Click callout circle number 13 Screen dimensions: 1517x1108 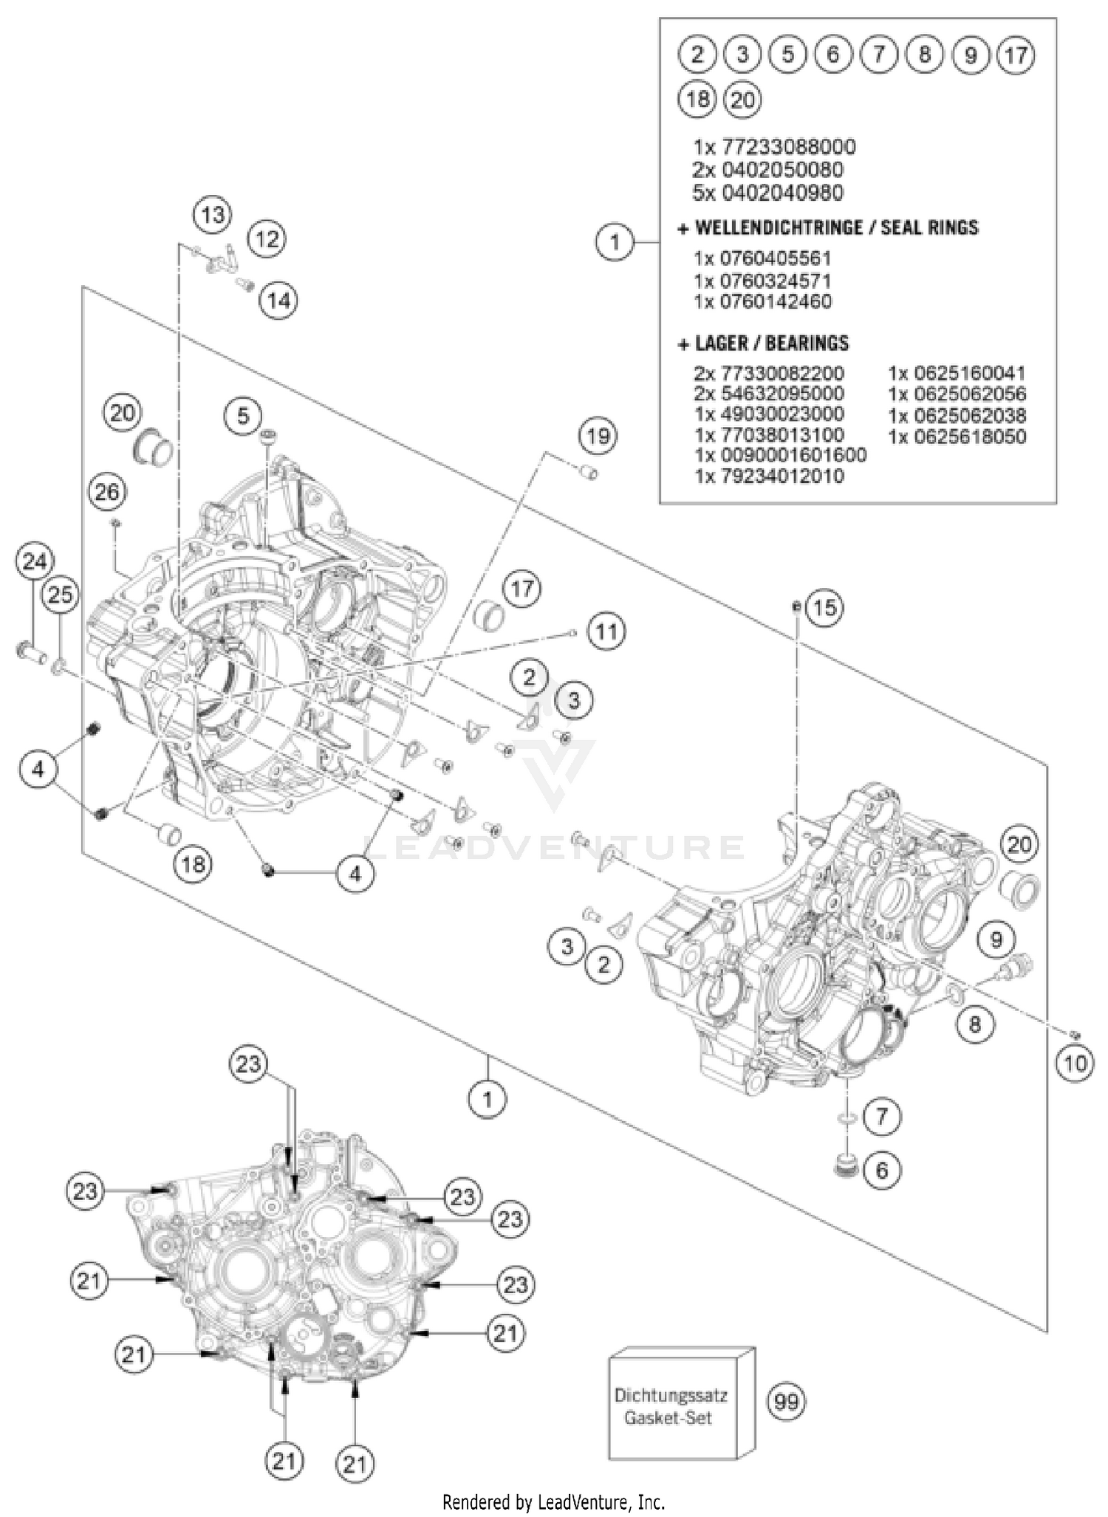tap(213, 216)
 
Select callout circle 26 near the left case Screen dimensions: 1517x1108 tap(107, 492)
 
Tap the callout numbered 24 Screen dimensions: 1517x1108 tap(34, 563)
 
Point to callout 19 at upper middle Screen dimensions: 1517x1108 tap(598, 436)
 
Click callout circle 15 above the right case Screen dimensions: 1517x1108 tap(825, 608)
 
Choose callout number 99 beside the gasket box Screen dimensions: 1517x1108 tap(787, 1401)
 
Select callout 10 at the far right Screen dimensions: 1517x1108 tap(1075, 1064)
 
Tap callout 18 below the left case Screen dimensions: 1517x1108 tap(193, 863)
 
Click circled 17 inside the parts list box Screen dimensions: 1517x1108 tap(1016, 55)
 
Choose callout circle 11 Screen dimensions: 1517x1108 tap(606, 632)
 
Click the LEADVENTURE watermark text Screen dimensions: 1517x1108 tap(554, 847)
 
